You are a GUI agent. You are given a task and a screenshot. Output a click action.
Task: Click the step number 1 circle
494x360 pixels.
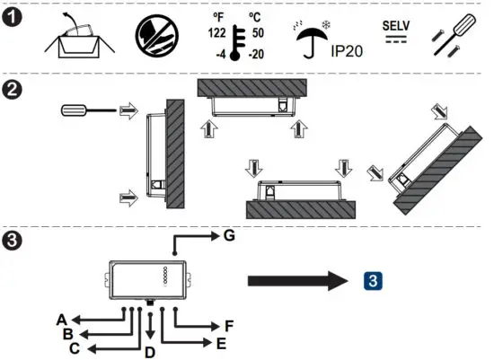(13, 17)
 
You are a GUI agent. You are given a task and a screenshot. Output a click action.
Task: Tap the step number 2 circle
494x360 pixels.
(13, 90)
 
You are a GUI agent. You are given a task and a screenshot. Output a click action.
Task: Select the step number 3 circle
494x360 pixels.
(13, 241)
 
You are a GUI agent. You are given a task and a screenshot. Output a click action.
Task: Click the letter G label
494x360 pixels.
(229, 236)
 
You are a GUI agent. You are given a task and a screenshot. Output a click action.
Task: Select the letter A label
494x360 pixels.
(62, 319)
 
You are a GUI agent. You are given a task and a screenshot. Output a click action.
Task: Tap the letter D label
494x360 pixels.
(150, 351)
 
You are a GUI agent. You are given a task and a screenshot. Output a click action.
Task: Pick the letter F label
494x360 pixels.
(229, 325)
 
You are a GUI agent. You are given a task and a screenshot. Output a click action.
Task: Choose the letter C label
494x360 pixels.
(75, 347)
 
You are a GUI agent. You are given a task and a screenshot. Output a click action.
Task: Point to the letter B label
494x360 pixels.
(68, 333)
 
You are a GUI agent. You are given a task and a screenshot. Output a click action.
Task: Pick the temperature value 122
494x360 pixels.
(216, 32)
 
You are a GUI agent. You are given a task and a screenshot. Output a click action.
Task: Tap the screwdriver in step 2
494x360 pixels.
(85, 110)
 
